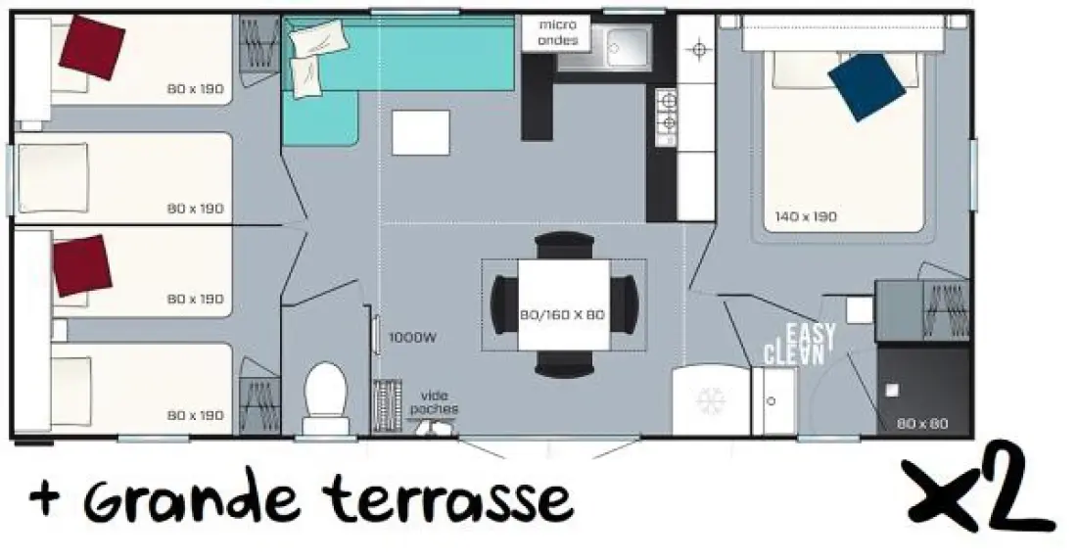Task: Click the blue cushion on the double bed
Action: click(866, 86)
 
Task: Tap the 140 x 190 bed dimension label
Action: click(806, 217)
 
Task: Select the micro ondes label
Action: click(558, 32)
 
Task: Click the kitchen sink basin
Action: click(627, 47)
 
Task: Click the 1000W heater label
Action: click(413, 338)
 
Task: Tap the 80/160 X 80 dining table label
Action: click(563, 315)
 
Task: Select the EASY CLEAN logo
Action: click(800, 344)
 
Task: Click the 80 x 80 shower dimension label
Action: click(922, 424)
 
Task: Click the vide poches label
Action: click(434, 402)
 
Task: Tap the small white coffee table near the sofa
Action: click(420, 132)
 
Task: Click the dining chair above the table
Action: click(565, 245)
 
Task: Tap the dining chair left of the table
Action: click(504, 304)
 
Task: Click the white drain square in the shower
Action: click(892, 391)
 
